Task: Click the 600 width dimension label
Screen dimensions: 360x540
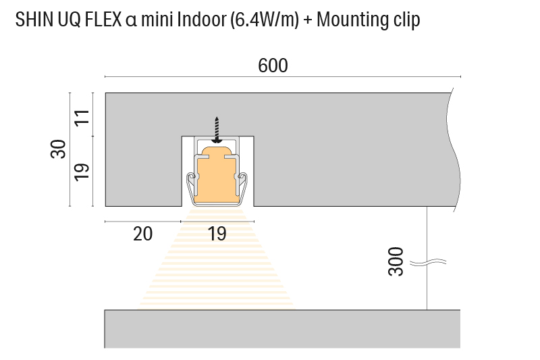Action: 273,66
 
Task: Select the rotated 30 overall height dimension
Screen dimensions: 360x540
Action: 59,149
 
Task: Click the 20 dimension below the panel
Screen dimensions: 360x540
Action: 142,234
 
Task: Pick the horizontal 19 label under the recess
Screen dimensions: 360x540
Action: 217,234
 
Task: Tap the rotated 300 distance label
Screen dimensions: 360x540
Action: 396,261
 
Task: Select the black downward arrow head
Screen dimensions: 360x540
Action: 217,139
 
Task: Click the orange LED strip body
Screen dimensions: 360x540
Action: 217,179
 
